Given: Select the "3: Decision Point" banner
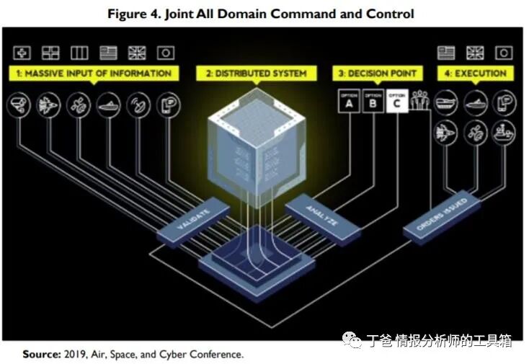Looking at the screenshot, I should coord(376,73).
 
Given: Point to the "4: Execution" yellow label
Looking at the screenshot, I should coord(474,73).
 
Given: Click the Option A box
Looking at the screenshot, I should coord(348,101).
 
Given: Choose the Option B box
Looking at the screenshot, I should coord(373,101).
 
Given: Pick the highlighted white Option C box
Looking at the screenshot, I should coord(397,101).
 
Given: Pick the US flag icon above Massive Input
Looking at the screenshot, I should coord(108,53).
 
